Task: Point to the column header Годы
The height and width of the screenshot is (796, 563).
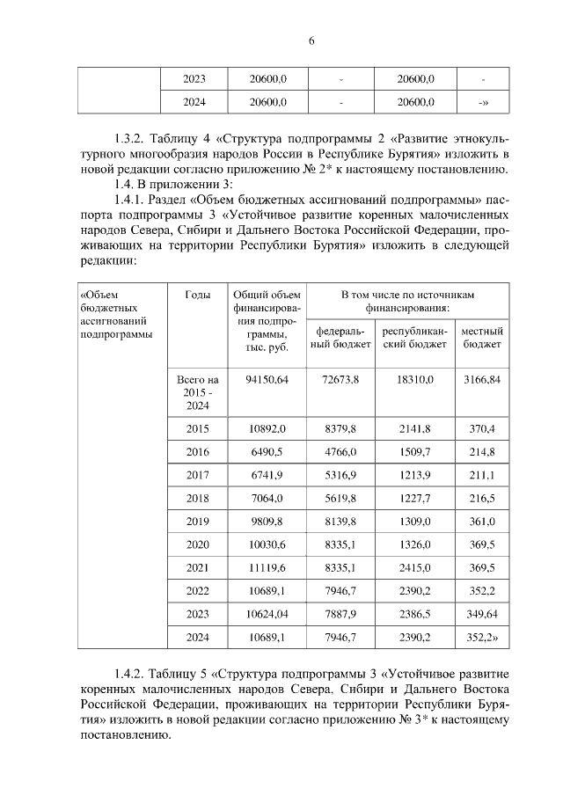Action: coord(197,295)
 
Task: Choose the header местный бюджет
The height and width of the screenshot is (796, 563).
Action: coord(481,338)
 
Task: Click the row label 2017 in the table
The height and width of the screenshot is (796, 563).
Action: coord(197,475)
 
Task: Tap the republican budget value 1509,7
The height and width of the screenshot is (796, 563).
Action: coord(414,452)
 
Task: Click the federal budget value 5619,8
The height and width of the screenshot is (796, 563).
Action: coord(340,498)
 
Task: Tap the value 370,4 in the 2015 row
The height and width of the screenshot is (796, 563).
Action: coord(481,429)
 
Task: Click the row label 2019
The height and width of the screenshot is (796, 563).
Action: coord(197,522)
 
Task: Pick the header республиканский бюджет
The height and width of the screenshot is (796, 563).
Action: coord(414,338)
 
